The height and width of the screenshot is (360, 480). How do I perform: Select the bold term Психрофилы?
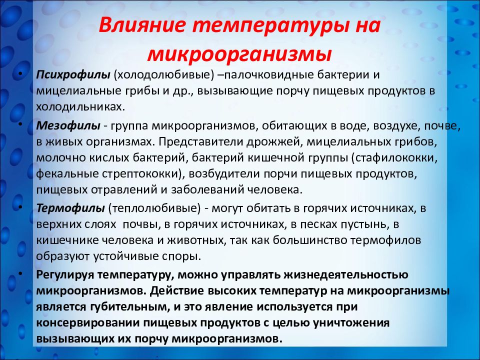click(73, 75)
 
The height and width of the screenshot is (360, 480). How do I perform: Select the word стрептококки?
click(146, 173)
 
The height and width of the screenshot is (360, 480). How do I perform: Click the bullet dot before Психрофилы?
click(19, 74)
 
